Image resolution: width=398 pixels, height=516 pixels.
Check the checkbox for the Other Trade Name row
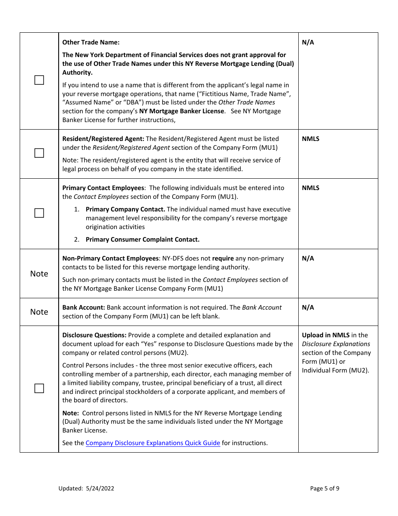[x=39, y=80]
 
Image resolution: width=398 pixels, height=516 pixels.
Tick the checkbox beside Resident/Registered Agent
[x=39, y=153]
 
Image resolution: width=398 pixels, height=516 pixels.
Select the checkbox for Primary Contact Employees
[x=39, y=213]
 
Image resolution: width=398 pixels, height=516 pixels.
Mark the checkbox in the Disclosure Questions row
[x=39, y=388]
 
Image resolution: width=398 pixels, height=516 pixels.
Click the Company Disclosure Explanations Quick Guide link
[x=153, y=443]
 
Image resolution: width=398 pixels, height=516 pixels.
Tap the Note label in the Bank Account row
[x=39, y=312]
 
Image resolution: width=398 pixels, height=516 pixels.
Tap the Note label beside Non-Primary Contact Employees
[x=39, y=274]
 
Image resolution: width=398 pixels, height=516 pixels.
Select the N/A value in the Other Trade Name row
[x=308, y=42]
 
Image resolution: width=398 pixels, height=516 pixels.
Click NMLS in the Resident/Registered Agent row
[x=310, y=139]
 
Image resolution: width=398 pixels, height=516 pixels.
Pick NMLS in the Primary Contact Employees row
[x=310, y=188]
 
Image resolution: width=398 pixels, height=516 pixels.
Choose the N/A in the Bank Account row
[x=308, y=308]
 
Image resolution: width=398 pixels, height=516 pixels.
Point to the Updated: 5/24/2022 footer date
[x=86, y=488]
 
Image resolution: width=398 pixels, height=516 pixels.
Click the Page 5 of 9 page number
[x=325, y=488]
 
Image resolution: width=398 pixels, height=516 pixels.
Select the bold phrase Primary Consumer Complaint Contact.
[x=142, y=240]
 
